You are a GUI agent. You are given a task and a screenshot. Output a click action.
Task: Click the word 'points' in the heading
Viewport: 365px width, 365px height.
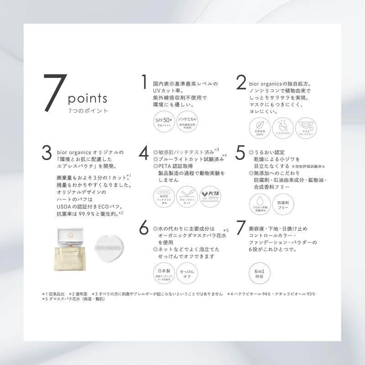(x=87, y=98)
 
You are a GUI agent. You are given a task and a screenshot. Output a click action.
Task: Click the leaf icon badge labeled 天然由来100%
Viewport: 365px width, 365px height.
(x=259, y=128)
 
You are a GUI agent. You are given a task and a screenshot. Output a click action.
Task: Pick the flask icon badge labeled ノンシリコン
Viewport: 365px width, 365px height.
(x=282, y=128)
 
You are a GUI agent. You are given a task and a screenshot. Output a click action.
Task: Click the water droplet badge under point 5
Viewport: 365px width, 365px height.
(x=259, y=205)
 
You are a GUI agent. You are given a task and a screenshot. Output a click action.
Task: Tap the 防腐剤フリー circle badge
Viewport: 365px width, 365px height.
(x=282, y=205)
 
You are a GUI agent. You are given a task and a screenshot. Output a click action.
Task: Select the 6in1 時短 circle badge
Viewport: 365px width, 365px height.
(x=259, y=274)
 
